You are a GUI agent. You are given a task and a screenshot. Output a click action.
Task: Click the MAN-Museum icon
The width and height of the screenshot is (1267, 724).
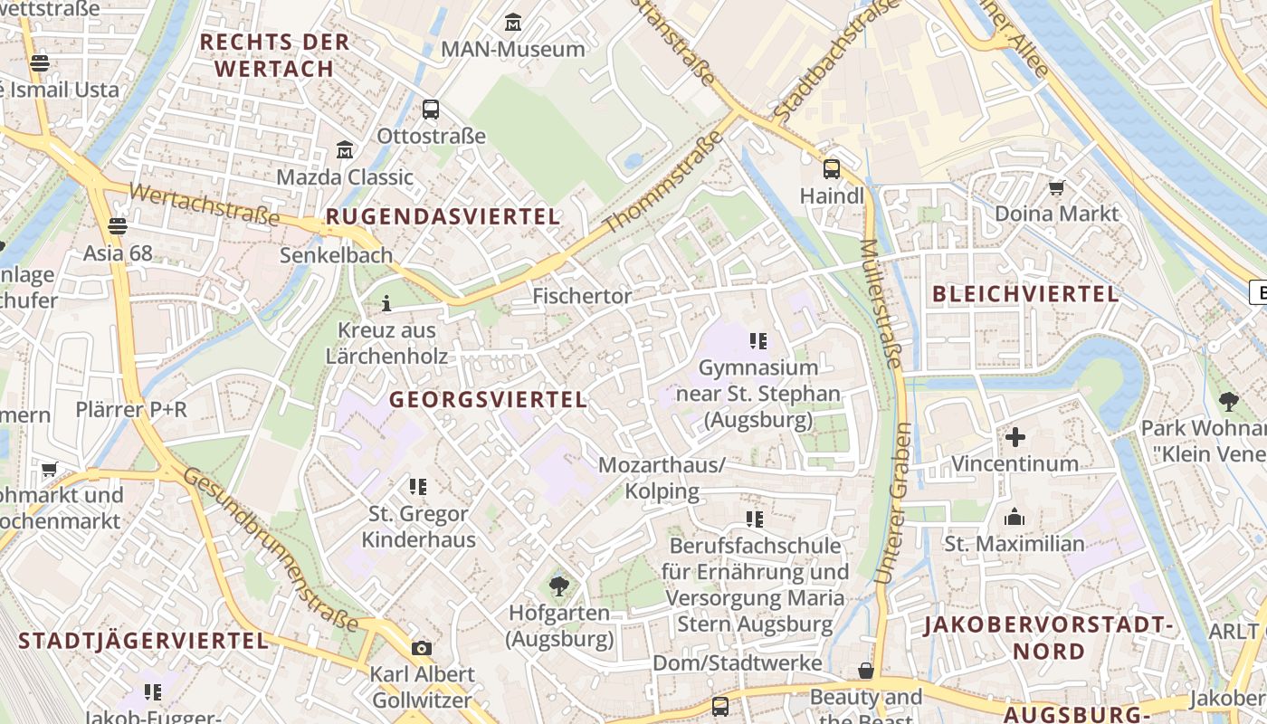tap(513, 22)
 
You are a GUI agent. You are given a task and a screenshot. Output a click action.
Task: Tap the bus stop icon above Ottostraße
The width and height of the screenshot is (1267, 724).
tap(431, 110)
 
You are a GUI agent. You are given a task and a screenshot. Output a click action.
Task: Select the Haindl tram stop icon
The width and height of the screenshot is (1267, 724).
tap(831, 169)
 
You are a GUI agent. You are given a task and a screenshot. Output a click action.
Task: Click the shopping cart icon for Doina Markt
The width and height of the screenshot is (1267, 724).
tap(1056, 187)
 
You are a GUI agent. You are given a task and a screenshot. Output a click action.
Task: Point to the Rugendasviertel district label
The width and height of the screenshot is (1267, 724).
tap(443, 216)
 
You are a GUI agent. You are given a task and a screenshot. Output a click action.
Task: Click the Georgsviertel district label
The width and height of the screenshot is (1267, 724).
tap(488, 399)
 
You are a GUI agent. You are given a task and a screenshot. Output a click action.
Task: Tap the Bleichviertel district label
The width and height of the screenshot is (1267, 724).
tap(1025, 293)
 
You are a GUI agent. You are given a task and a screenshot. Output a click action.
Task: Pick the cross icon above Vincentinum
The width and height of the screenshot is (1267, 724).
tap(1015, 437)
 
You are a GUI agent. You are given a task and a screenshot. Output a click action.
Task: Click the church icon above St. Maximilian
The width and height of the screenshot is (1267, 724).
tap(1014, 517)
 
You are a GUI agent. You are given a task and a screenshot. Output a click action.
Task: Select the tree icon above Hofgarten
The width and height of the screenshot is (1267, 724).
tap(559, 586)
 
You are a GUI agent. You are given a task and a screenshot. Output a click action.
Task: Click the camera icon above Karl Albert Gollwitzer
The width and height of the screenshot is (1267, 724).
tap(421, 648)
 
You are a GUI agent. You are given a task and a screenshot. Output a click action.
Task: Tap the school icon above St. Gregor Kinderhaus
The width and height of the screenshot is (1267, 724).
tap(417, 487)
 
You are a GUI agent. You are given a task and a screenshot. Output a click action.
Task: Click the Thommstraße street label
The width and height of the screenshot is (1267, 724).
tap(664, 181)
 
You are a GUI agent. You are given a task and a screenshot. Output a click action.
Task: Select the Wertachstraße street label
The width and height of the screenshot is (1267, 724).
tap(205, 204)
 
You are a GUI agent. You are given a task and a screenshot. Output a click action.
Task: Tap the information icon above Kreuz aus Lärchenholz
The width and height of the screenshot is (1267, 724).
tap(386, 303)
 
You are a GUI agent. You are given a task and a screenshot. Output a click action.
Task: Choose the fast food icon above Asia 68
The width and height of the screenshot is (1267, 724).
tap(117, 225)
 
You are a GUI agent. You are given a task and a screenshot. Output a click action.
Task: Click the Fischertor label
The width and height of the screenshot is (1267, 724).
tap(582, 296)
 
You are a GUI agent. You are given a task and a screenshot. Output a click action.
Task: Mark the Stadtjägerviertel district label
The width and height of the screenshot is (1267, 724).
tap(144, 641)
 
